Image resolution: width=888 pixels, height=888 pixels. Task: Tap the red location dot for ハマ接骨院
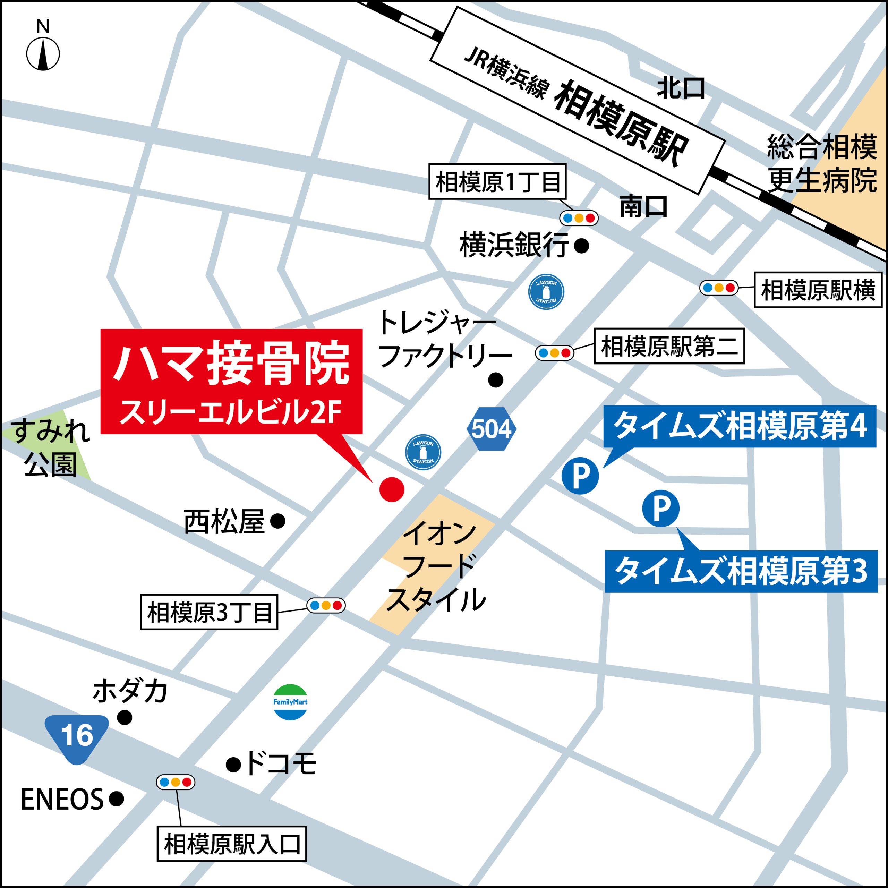click(392, 489)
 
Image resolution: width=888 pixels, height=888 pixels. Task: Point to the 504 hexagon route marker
click(491, 429)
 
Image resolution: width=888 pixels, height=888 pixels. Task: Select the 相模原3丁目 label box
click(209, 612)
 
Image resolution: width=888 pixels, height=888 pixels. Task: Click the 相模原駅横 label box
click(818, 290)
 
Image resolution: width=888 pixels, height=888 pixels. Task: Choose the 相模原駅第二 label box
click(669, 346)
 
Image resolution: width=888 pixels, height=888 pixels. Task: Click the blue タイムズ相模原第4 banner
click(740, 426)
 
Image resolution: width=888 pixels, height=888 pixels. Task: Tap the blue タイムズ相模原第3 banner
click(741, 571)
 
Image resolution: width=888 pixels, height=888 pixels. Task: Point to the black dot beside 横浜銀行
click(582, 246)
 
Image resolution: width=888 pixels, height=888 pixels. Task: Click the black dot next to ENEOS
click(117, 799)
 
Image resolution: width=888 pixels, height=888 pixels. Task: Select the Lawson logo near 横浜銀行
click(546, 292)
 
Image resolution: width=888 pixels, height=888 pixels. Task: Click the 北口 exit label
click(681, 88)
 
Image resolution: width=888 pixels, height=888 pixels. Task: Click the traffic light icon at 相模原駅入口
click(176, 782)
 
